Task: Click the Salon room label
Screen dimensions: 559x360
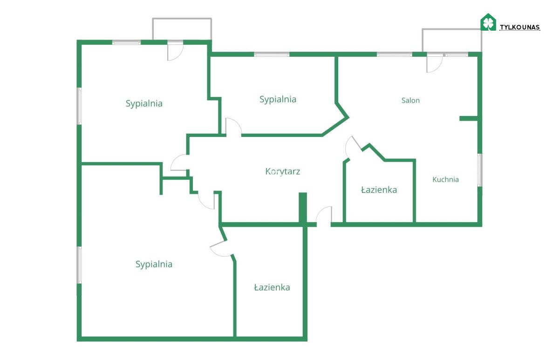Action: [x=410, y=101]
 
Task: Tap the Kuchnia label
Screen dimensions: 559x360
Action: [x=445, y=179]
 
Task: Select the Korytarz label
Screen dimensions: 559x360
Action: [x=282, y=171]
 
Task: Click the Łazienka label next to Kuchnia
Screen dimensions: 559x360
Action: [x=379, y=190]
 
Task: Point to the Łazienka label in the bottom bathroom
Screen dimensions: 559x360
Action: [x=272, y=287]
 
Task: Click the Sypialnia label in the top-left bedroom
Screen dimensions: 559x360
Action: [x=144, y=103]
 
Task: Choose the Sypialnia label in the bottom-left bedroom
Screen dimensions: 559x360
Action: [x=154, y=264]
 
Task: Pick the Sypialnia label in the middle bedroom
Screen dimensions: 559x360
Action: [x=278, y=99]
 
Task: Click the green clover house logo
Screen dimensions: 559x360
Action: [x=488, y=22]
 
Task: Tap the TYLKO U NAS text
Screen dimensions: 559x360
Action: [x=520, y=27]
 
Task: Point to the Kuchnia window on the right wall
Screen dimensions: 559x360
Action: [x=479, y=170]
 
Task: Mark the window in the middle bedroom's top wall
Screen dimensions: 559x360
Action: [x=272, y=54]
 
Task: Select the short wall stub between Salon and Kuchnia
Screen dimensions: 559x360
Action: [x=469, y=118]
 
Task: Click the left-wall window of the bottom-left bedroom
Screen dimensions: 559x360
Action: [x=79, y=265]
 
